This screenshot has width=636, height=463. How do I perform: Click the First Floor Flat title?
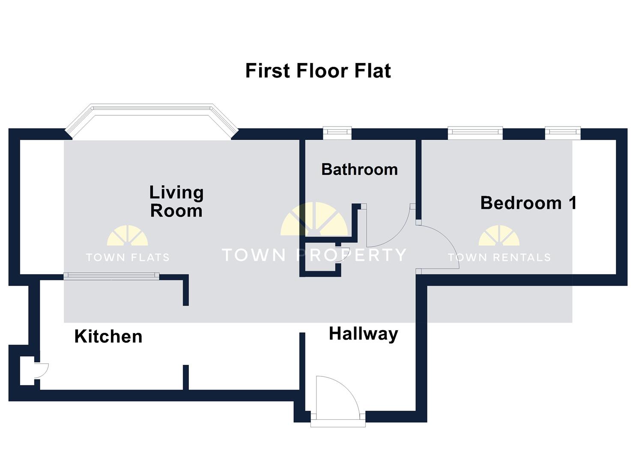(318, 71)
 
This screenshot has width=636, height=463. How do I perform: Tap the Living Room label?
(176, 201)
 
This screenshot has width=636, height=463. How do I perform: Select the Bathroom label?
(359, 169)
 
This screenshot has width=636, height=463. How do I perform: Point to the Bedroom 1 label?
(528, 203)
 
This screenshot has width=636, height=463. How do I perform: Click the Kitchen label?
(108, 337)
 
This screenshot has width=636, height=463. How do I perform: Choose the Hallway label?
(363, 334)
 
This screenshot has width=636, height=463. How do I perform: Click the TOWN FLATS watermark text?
(128, 257)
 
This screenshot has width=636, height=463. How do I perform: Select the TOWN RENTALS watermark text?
(499, 257)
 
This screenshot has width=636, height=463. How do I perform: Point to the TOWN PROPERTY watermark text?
(314, 255)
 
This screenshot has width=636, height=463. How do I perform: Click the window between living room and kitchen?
(111, 277)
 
